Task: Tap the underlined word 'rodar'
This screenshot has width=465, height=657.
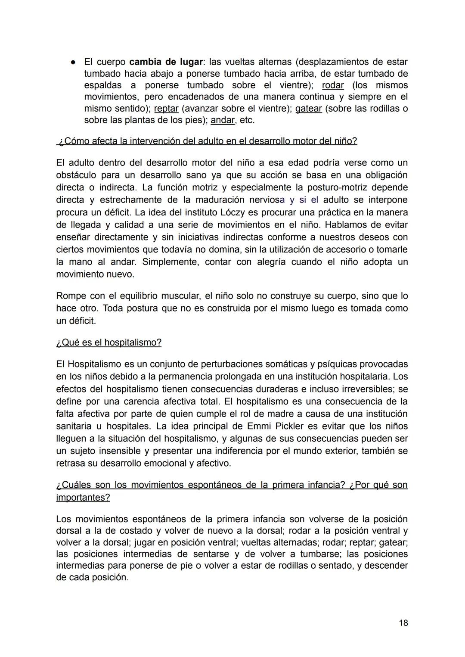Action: pyautogui.click(x=333, y=85)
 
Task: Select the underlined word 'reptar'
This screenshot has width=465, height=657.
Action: pyautogui.click(x=166, y=109)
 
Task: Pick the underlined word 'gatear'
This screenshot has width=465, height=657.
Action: pyautogui.click(x=308, y=109)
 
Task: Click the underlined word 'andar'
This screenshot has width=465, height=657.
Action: pyautogui.click(x=223, y=120)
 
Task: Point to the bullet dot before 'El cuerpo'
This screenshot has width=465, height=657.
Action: pyautogui.click(x=74, y=62)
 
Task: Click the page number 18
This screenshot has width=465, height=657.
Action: pyautogui.click(x=403, y=623)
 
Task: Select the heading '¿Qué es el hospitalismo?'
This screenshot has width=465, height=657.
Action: pyautogui.click(x=109, y=343)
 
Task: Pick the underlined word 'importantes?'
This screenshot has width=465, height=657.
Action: pyautogui.click(x=83, y=498)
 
